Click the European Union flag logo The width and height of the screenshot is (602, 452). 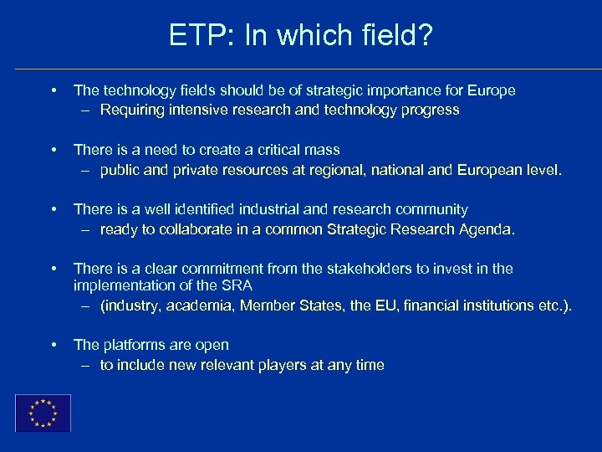click(43, 413)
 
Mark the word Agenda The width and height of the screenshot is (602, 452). click(487, 229)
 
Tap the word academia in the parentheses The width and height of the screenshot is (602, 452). click(199, 306)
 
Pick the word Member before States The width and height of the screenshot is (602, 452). click(265, 306)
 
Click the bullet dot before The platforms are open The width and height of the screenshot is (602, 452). click(53, 345)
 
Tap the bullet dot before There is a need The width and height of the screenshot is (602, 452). click(53, 150)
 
